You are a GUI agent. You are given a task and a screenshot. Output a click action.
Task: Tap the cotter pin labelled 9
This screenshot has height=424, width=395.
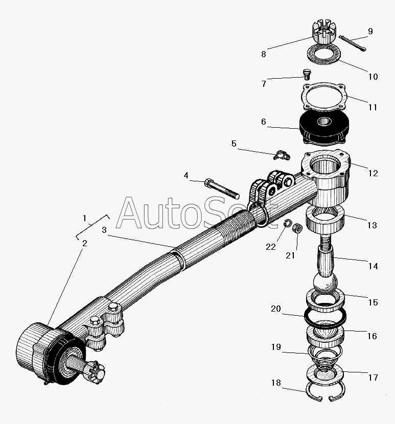pyautogui.click(x=352, y=43)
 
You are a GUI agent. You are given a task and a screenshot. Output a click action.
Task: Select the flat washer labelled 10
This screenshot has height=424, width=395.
pyautogui.click(x=324, y=54)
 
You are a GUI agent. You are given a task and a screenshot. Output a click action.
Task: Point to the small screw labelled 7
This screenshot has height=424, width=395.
pyautogui.click(x=307, y=75)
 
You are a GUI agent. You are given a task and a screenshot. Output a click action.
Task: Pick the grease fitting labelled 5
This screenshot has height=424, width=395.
pyautogui.click(x=282, y=156)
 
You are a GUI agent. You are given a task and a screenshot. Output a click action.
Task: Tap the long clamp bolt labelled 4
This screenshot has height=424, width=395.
pyautogui.click(x=222, y=188)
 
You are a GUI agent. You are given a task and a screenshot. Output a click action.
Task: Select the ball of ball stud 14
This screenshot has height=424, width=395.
pyautogui.click(x=325, y=283)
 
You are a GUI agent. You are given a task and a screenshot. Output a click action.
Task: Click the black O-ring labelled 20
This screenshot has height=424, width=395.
pyautogui.click(x=325, y=316)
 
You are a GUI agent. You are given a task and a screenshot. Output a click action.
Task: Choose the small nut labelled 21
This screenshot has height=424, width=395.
pyautogui.click(x=298, y=229)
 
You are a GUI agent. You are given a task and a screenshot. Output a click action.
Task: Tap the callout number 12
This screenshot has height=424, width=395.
pyautogui.click(x=373, y=173)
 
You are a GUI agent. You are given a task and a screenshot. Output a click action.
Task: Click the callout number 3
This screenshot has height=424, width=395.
pyautogui.click(x=104, y=230)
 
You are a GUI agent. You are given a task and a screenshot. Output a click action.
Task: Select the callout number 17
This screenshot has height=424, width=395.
pyautogui.click(x=373, y=377)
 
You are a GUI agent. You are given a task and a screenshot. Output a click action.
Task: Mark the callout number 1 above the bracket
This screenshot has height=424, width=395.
pyautogui.click(x=85, y=218)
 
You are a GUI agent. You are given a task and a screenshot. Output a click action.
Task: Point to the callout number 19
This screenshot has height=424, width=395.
pyautogui.click(x=276, y=347)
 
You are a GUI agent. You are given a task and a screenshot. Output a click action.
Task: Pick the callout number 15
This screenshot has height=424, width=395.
pyautogui.click(x=373, y=302)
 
